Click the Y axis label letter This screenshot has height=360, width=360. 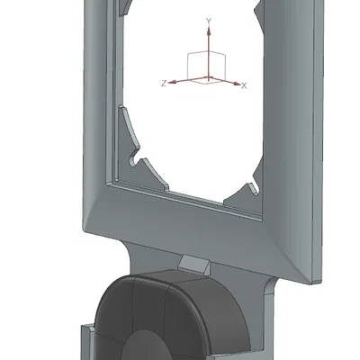[209, 21]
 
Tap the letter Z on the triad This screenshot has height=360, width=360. [164, 84]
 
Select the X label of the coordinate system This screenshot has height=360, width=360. [244, 86]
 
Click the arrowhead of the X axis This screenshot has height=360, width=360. [238, 84]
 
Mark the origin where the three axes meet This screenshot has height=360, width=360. [209, 78]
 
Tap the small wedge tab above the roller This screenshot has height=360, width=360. [194, 264]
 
